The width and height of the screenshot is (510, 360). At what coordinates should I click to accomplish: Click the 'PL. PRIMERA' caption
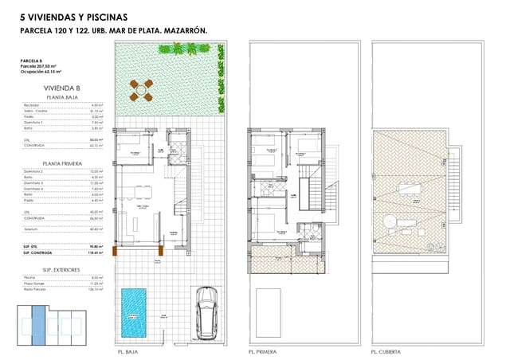261,350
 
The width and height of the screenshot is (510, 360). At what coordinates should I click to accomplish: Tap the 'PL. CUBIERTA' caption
386,350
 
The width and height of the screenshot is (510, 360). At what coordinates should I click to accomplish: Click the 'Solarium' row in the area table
31,229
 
